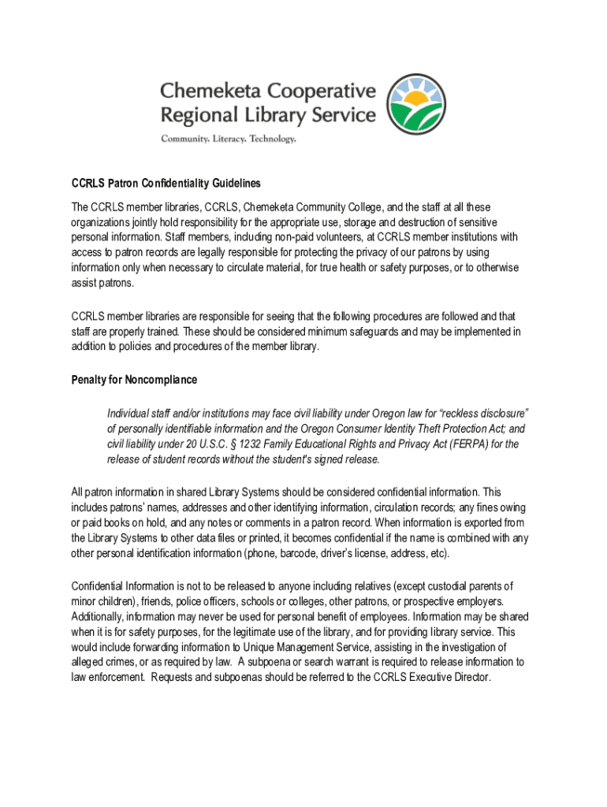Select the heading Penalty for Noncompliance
coord(134,380)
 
